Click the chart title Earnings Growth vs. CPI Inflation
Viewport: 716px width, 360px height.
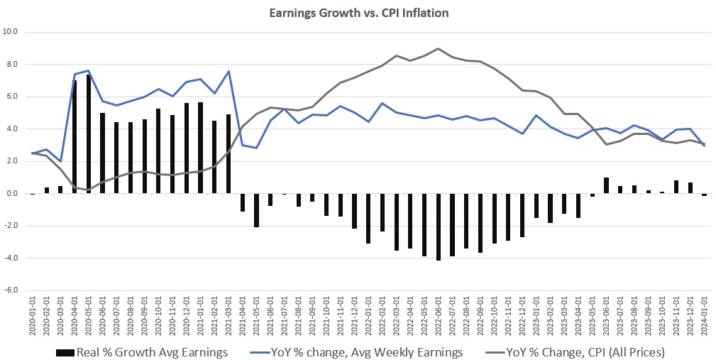click(358, 13)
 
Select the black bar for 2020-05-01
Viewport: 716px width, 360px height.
click(89, 134)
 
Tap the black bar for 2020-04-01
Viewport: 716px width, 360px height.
click(75, 137)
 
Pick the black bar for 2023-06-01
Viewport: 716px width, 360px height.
click(606, 185)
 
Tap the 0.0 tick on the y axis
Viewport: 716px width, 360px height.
click(12, 193)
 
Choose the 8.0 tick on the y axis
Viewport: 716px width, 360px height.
click(12, 65)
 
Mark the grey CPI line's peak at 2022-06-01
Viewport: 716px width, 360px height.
click(438, 49)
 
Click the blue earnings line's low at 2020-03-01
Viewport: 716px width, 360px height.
click(61, 161)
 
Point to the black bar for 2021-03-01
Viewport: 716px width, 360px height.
click(228, 153)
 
